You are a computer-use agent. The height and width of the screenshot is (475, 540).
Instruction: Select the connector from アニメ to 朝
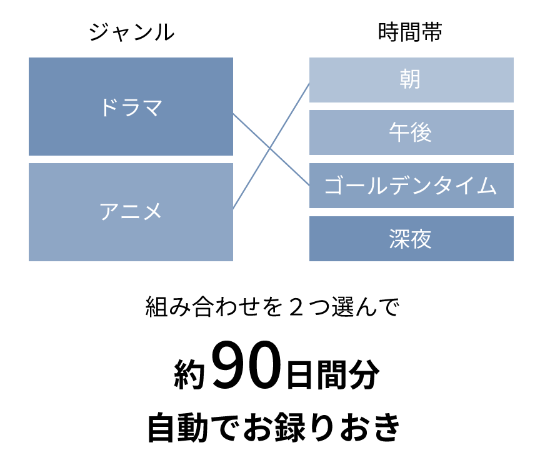[x=294, y=108]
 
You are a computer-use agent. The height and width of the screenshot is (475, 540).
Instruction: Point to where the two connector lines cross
[x=270, y=148]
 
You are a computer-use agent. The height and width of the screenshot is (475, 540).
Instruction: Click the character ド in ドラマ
[x=109, y=107]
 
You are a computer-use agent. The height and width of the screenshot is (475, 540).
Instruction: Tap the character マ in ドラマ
[x=152, y=107]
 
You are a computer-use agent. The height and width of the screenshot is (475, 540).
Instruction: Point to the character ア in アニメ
[x=109, y=212]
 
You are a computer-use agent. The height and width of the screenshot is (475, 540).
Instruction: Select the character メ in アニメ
[x=152, y=212]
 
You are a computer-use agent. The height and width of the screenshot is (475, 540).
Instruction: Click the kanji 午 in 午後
[x=399, y=132]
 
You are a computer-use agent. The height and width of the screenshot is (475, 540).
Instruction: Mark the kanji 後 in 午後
[x=421, y=132]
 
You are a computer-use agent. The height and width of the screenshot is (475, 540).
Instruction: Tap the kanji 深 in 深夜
[x=399, y=239]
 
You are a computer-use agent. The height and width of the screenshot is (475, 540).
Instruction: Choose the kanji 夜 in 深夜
[x=421, y=239]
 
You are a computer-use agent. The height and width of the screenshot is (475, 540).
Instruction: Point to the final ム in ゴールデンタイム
[x=487, y=186]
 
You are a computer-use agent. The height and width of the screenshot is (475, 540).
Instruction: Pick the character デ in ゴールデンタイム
[x=399, y=186]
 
